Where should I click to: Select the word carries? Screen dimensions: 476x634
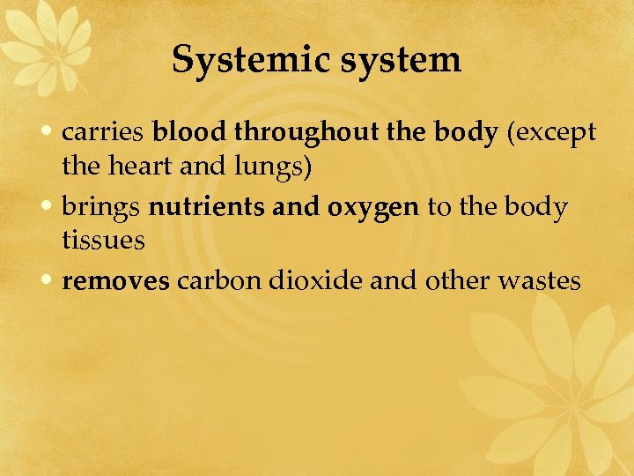pyautogui.click(x=103, y=133)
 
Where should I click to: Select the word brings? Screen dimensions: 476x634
pyautogui.click(x=102, y=209)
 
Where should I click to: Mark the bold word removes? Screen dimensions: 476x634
pyautogui.click(x=117, y=282)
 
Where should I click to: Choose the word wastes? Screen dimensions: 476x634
pyautogui.click(x=540, y=282)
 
